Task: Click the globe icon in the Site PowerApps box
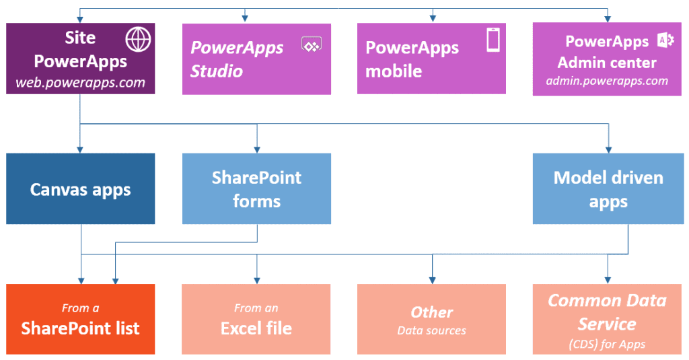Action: pos(139,40)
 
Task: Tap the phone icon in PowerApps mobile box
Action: pos(493,40)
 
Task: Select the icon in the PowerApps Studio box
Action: pos(311,44)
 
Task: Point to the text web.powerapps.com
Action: pos(80,83)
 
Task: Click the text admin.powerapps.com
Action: pos(607,81)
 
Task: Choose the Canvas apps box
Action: pos(81,189)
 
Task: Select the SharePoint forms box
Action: pos(256,189)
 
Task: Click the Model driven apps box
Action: pos(608,189)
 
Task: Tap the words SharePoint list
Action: pos(80,328)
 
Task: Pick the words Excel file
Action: pos(256,328)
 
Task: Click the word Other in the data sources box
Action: pos(431,312)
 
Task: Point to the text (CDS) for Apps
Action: pos(607,345)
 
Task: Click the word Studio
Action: pos(217,71)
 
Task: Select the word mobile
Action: pos(394,71)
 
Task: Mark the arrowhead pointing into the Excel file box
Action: pos(256,280)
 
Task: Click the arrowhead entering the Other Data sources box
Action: pos(432,280)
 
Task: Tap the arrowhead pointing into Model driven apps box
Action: pos(608,149)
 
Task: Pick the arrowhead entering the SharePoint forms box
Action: pos(256,149)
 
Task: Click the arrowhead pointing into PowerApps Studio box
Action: pos(245,19)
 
